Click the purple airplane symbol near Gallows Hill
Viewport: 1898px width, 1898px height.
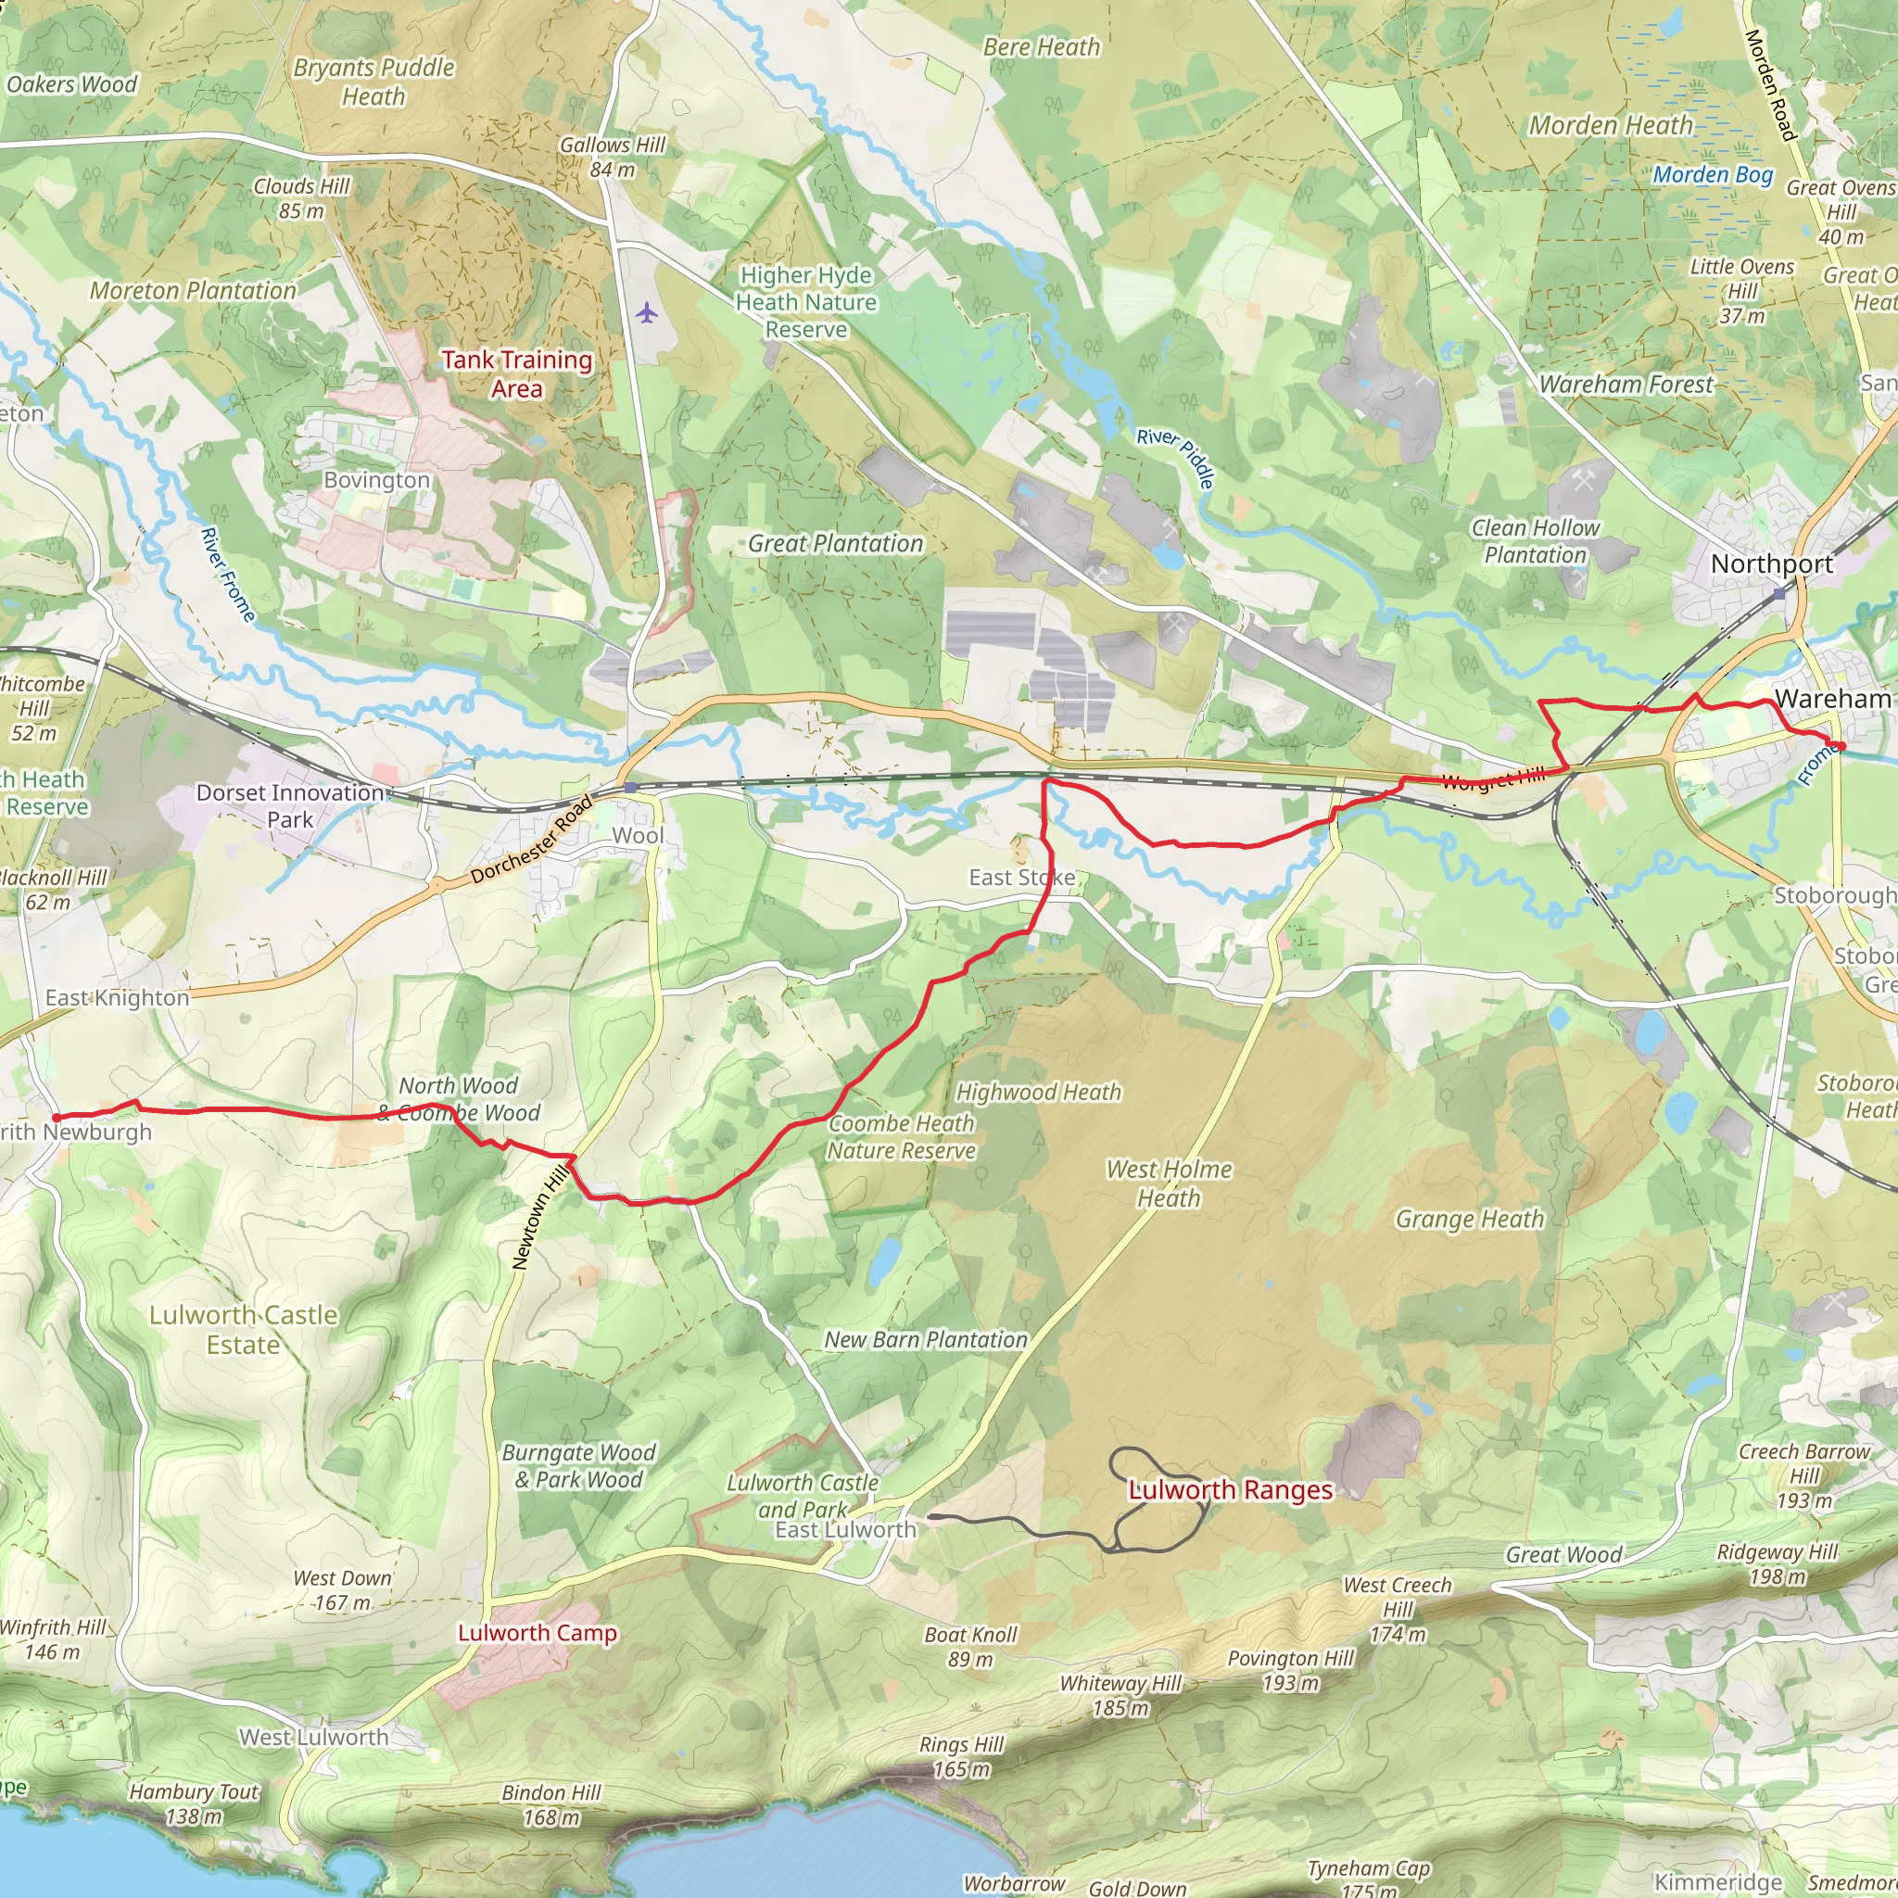click(x=645, y=313)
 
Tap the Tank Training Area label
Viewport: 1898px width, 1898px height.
click(x=517, y=374)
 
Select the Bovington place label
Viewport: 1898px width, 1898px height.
click(x=377, y=480)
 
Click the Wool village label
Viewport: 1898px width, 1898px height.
click(x=638, y=836)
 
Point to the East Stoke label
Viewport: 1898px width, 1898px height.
click(x=1021, y=878)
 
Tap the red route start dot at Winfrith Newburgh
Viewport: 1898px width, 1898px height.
click(x=56, y=1118)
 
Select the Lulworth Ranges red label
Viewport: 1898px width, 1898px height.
click(x=1230, y=1490)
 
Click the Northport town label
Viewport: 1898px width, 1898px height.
click(x=1772, y=563)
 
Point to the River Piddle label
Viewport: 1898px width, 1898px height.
click(x=1176, y=458)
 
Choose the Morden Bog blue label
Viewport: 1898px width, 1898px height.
click(x=1714, y=175)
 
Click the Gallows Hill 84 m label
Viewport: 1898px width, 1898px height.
click(x=613, y=158)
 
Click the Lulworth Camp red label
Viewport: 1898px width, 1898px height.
click(x=538, y=1633)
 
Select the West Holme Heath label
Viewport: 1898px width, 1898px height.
click(x=1169, y=1183)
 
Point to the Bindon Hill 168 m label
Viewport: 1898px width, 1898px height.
click(x=551, y=1804)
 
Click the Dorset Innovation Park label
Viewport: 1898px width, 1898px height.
click(x=291, y=805)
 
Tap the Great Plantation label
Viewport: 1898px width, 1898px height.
click(x=835, y=543)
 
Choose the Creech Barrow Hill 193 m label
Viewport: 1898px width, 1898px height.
click(x=1804, y=1475)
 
